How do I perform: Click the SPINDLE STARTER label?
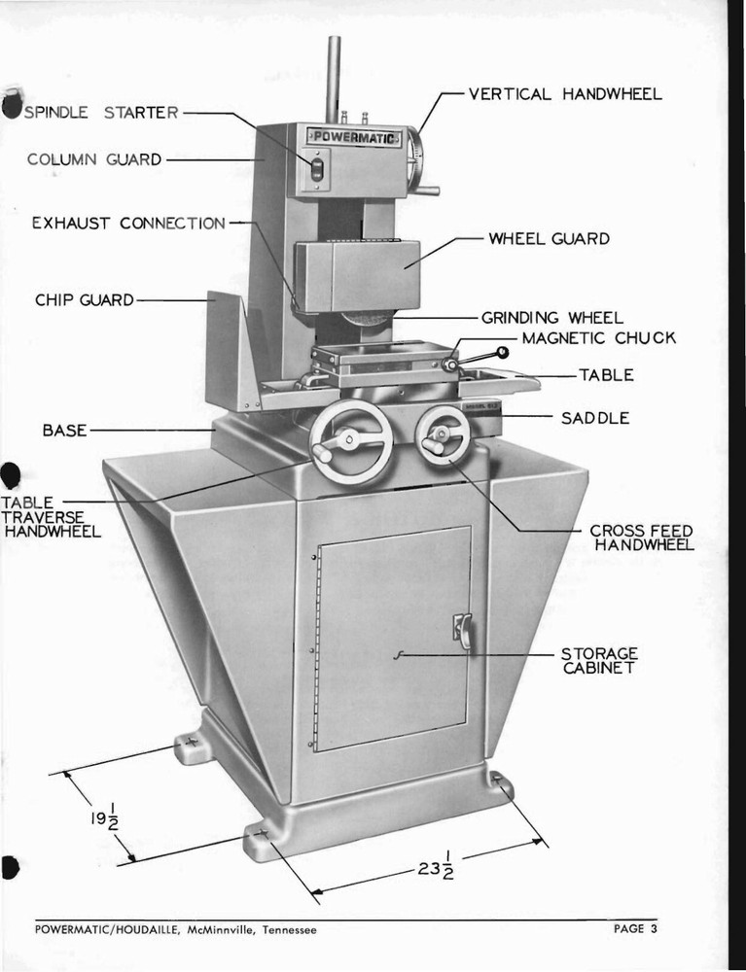pyautogui.click(x=101, y=113)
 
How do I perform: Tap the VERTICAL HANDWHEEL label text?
pyautogui.click(x=565, y=94)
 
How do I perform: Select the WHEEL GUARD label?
pyautogui.click(x=549, y=239)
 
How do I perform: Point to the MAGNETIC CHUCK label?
pyautogui.click(x=598, y=338)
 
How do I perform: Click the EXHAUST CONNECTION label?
pyautogui.click(x=128, y=224)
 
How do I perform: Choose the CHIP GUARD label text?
pyautogui.click(x=85, y=300)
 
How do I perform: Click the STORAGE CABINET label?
pyautogui.click(x=599, y=660)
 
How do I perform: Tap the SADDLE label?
pyautogui.click(x=595, y=418)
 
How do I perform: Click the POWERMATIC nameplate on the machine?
pyautogui.click(x=353, y=138)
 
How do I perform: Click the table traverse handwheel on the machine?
pyautogui.click(x=351, y=443)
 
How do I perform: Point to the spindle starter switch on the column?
pyautogui.click(x=316, y=171)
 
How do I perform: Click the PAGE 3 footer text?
pyautogui.click(x=635, y=929)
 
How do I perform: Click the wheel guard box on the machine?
pyautogui.click(x=357, y=276)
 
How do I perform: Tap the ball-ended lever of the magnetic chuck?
pyautogui.click(x=501, y=352)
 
